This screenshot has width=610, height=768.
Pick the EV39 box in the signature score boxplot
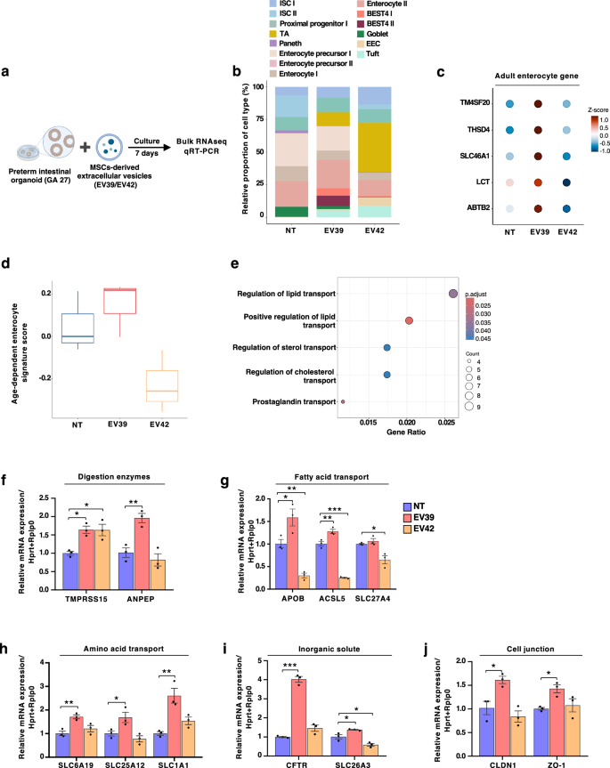[x=121, y=301]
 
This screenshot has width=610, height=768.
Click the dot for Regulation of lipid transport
[x=452, y=294]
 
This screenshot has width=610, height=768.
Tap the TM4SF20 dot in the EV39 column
[x=537, y=104]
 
